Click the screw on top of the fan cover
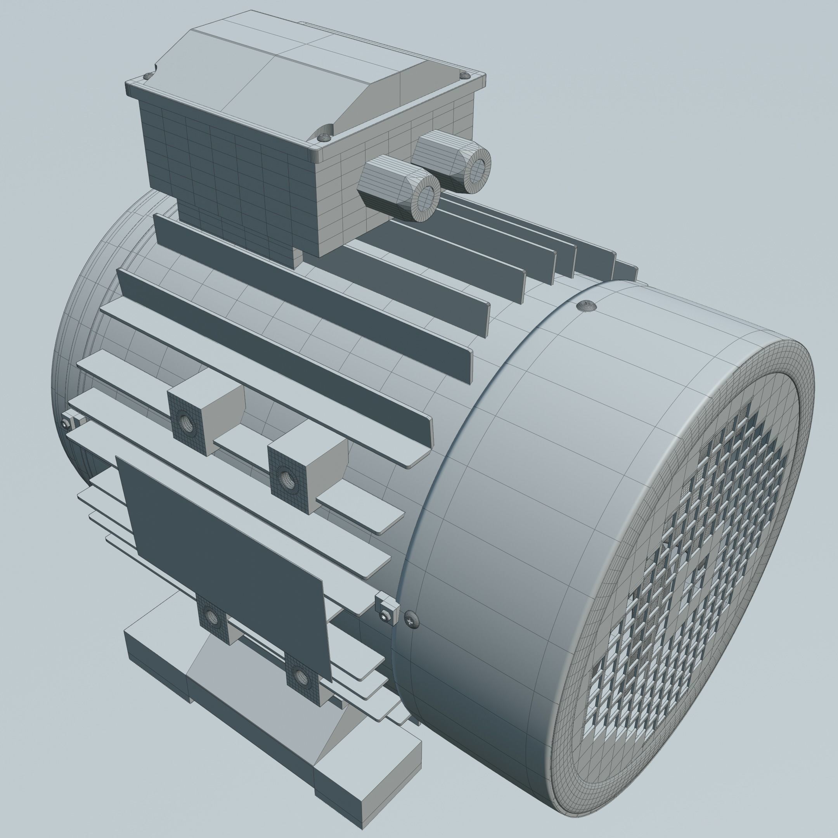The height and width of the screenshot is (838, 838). click(587, 305)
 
